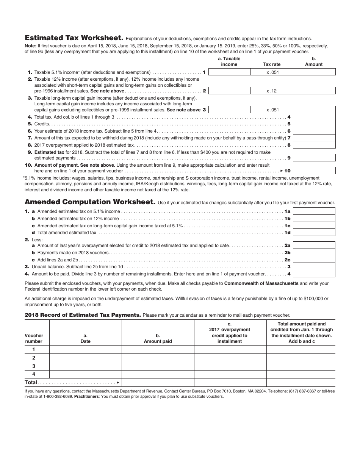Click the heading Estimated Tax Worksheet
tap(74, 38)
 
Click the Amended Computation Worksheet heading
tap(90, 202)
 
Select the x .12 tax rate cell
tap(272, 91)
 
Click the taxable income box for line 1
tap(229, 72)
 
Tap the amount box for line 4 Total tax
tap(314, 117)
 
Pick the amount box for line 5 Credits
tap(314, 124)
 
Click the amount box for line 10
tap(314, 171)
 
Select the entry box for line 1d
tap(314, 233)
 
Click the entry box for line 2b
tap(314, 253)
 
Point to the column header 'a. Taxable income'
tap(229, 61)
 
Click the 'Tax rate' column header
tap(272, 64)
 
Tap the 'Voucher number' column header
tap(34, 338)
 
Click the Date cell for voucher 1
tap(85, 349)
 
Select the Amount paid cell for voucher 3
tap(158, 366)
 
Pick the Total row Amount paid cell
tap(158, 383)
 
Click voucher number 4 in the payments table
tap(34, 374)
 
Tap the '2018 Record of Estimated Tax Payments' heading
tap(83, 315)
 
